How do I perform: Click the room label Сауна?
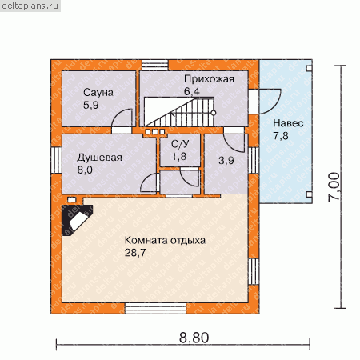pos(98,93)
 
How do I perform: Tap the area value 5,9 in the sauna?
pos(90,105)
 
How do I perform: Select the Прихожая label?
pos(209,79)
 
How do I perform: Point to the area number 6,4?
pos(191,91)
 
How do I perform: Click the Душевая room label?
pos(99,158)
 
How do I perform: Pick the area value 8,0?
pos(85,170)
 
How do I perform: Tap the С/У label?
pos(180,144)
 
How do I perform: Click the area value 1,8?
pos(179,157)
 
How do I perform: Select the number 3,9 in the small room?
pos(226,161)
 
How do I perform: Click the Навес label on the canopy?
pos(288,123)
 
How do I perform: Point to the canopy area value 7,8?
pos(281,136)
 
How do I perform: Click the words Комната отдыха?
pos(165,241)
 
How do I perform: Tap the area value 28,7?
pos(135,253)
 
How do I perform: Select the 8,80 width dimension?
pos(194,338)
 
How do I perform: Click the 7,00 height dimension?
pos(334,187)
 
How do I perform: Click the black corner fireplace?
pos(77,220)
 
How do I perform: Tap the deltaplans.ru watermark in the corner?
pos(30,6)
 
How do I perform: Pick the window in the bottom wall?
pos(156,309)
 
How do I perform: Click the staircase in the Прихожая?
pos(180,112)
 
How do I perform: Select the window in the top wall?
pos(155,65)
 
